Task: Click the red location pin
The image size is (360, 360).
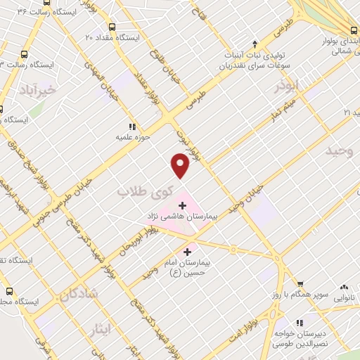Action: click(x=181, y=166)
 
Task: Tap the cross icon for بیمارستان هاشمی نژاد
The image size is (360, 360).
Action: click(x=184, y=205)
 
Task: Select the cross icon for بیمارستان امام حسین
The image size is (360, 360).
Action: click(x=187, y=252)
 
